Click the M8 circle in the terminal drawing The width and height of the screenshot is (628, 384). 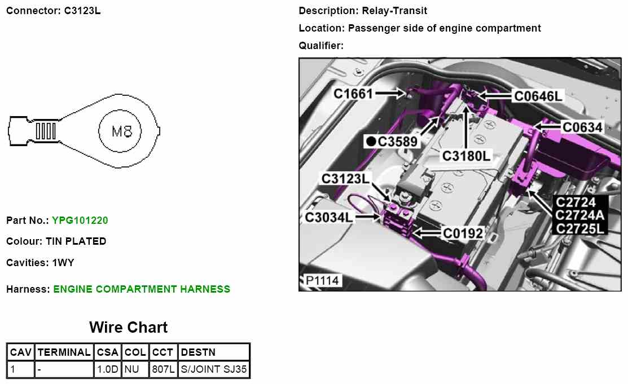click(x=122, y=131)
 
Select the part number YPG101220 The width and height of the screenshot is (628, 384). click(x=80, y=220)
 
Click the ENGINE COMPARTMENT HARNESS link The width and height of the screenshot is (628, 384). click(x=142, y=289)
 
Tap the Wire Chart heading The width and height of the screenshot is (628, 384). click(x=128, y=328)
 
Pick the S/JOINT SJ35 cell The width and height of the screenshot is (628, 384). click(x=213, y=370)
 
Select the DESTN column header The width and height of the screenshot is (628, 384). click(x=198, y=352)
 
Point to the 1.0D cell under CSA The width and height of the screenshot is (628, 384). click(x=107, y=370)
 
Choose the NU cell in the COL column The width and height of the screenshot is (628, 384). click(x=135, y=370)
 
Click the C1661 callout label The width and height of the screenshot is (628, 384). click(x=353, y=94)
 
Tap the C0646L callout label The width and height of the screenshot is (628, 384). click(x=538, y=96)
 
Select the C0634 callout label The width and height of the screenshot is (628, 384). click(x=582, y=127)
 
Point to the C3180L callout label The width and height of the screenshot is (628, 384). click(x=466, y=156)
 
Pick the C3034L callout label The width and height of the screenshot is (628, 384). click(x=330, y=217)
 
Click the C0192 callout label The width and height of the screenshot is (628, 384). click(x=463, y=233)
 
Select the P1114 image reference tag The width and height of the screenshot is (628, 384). click(x=322, y=280)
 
